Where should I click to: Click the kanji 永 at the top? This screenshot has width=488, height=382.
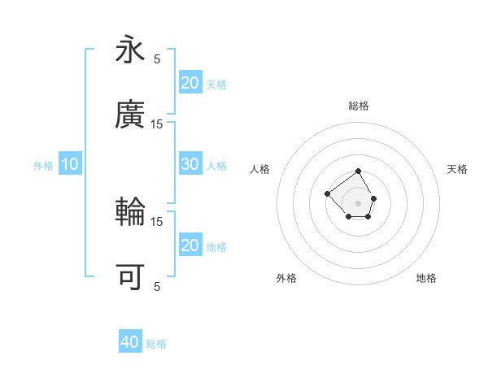point(130,50)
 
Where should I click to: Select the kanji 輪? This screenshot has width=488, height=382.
point(130,212)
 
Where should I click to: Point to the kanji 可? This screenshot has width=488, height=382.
point(130,277)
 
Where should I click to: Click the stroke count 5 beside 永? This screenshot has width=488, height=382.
point(157,59)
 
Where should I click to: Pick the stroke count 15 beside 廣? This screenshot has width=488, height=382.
point(157,124)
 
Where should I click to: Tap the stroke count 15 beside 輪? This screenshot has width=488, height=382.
point(157,221)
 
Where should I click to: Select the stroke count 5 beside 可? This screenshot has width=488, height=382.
point(157,286)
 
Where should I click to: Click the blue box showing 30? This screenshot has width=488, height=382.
point(190,164)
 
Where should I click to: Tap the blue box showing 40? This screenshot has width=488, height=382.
point(130,342)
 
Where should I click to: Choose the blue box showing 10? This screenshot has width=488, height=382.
point(70,164)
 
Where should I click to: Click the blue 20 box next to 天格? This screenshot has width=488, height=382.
point(190,83)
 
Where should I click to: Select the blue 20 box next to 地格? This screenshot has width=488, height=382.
point(190,245)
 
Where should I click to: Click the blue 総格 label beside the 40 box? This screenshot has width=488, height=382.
point(156,344)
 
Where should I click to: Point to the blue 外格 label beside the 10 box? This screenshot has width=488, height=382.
point(43,165)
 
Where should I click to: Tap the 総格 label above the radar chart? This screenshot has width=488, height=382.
point(359,106)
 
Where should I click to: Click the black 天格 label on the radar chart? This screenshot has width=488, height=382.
point(457,169)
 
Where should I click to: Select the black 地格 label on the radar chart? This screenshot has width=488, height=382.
point(426,278)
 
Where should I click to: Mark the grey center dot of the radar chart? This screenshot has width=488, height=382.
point(359,202)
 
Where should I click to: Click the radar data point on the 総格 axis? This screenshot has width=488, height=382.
point(359,172)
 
